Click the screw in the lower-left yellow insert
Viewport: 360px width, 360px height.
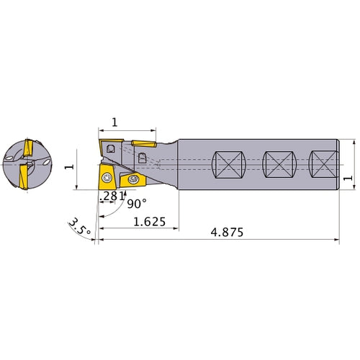[x=107, y=177]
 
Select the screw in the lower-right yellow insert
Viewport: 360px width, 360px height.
[x=132, y=180]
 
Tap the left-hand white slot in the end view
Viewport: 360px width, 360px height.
[x=12, y=155]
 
